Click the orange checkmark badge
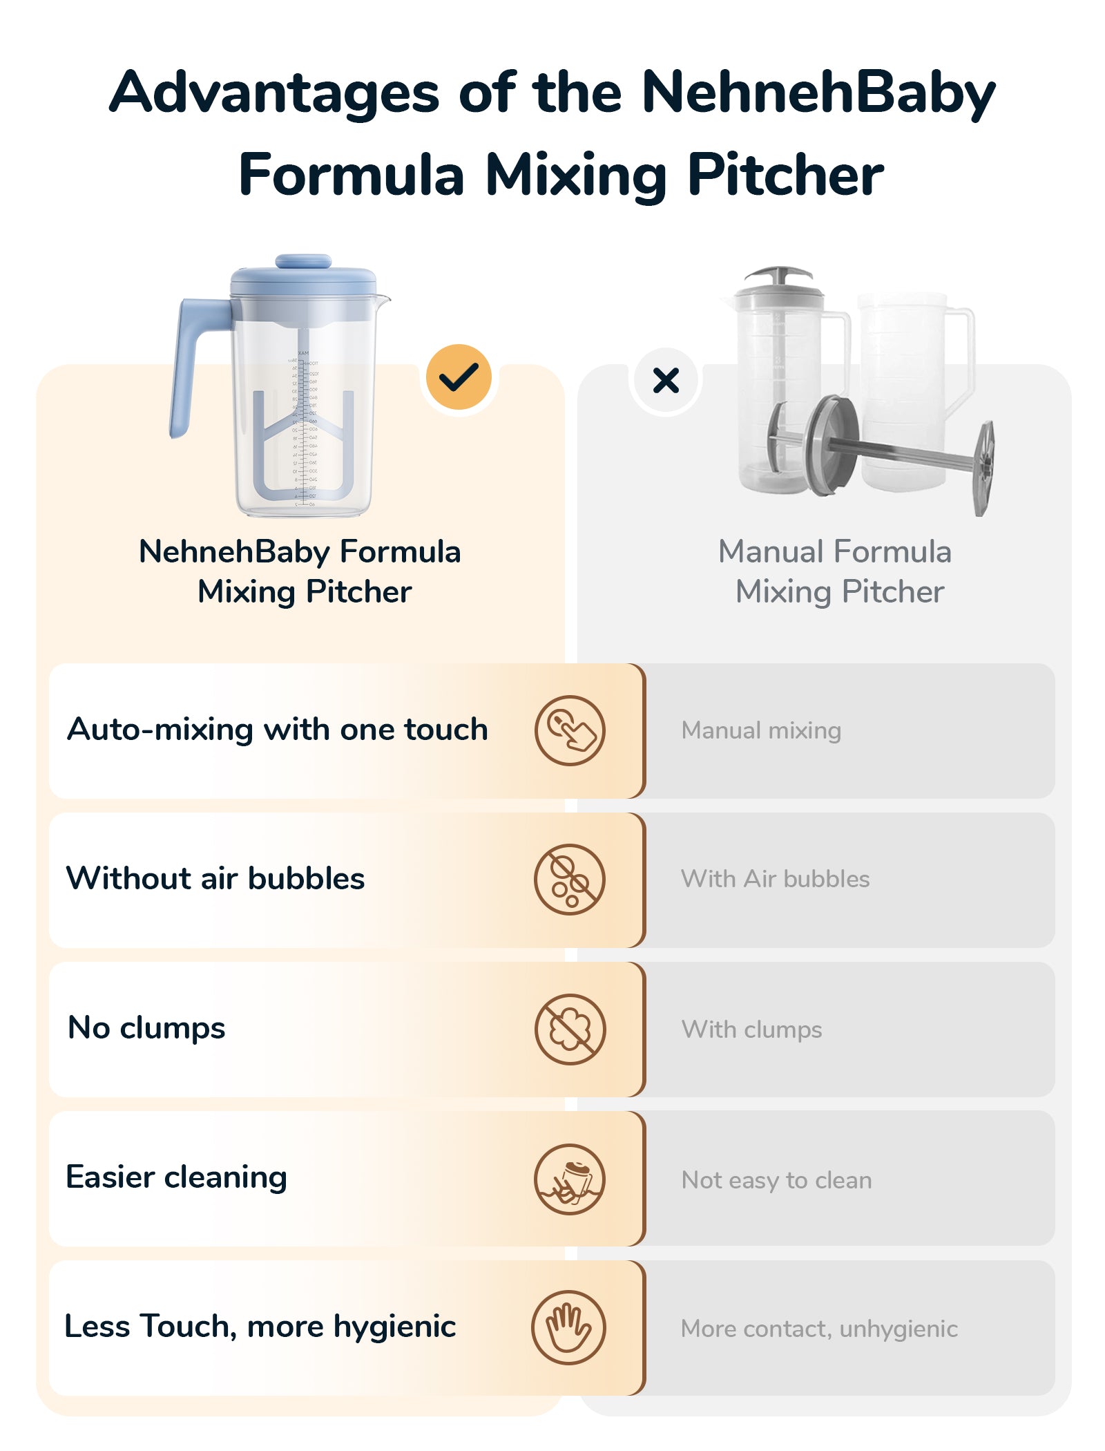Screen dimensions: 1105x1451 459,377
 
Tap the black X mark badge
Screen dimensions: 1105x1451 666,380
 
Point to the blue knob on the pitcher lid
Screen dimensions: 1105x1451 303,261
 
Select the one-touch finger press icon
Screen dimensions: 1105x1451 570,730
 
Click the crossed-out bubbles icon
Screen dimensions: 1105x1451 570,880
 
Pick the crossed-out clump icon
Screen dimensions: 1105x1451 570,1030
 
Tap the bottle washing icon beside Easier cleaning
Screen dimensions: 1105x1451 570,1179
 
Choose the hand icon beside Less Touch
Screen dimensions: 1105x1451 568,1327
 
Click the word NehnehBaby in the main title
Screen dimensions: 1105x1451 818,93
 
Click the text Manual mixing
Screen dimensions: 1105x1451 761,730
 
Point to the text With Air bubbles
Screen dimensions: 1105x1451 776,879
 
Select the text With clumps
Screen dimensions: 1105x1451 752,1030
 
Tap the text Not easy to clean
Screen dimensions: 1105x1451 777,1180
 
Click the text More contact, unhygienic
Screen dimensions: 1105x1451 820,1329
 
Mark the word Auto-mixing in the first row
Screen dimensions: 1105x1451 160,730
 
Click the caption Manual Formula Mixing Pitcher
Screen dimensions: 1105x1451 836,571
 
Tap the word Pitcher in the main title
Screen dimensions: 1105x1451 785,176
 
